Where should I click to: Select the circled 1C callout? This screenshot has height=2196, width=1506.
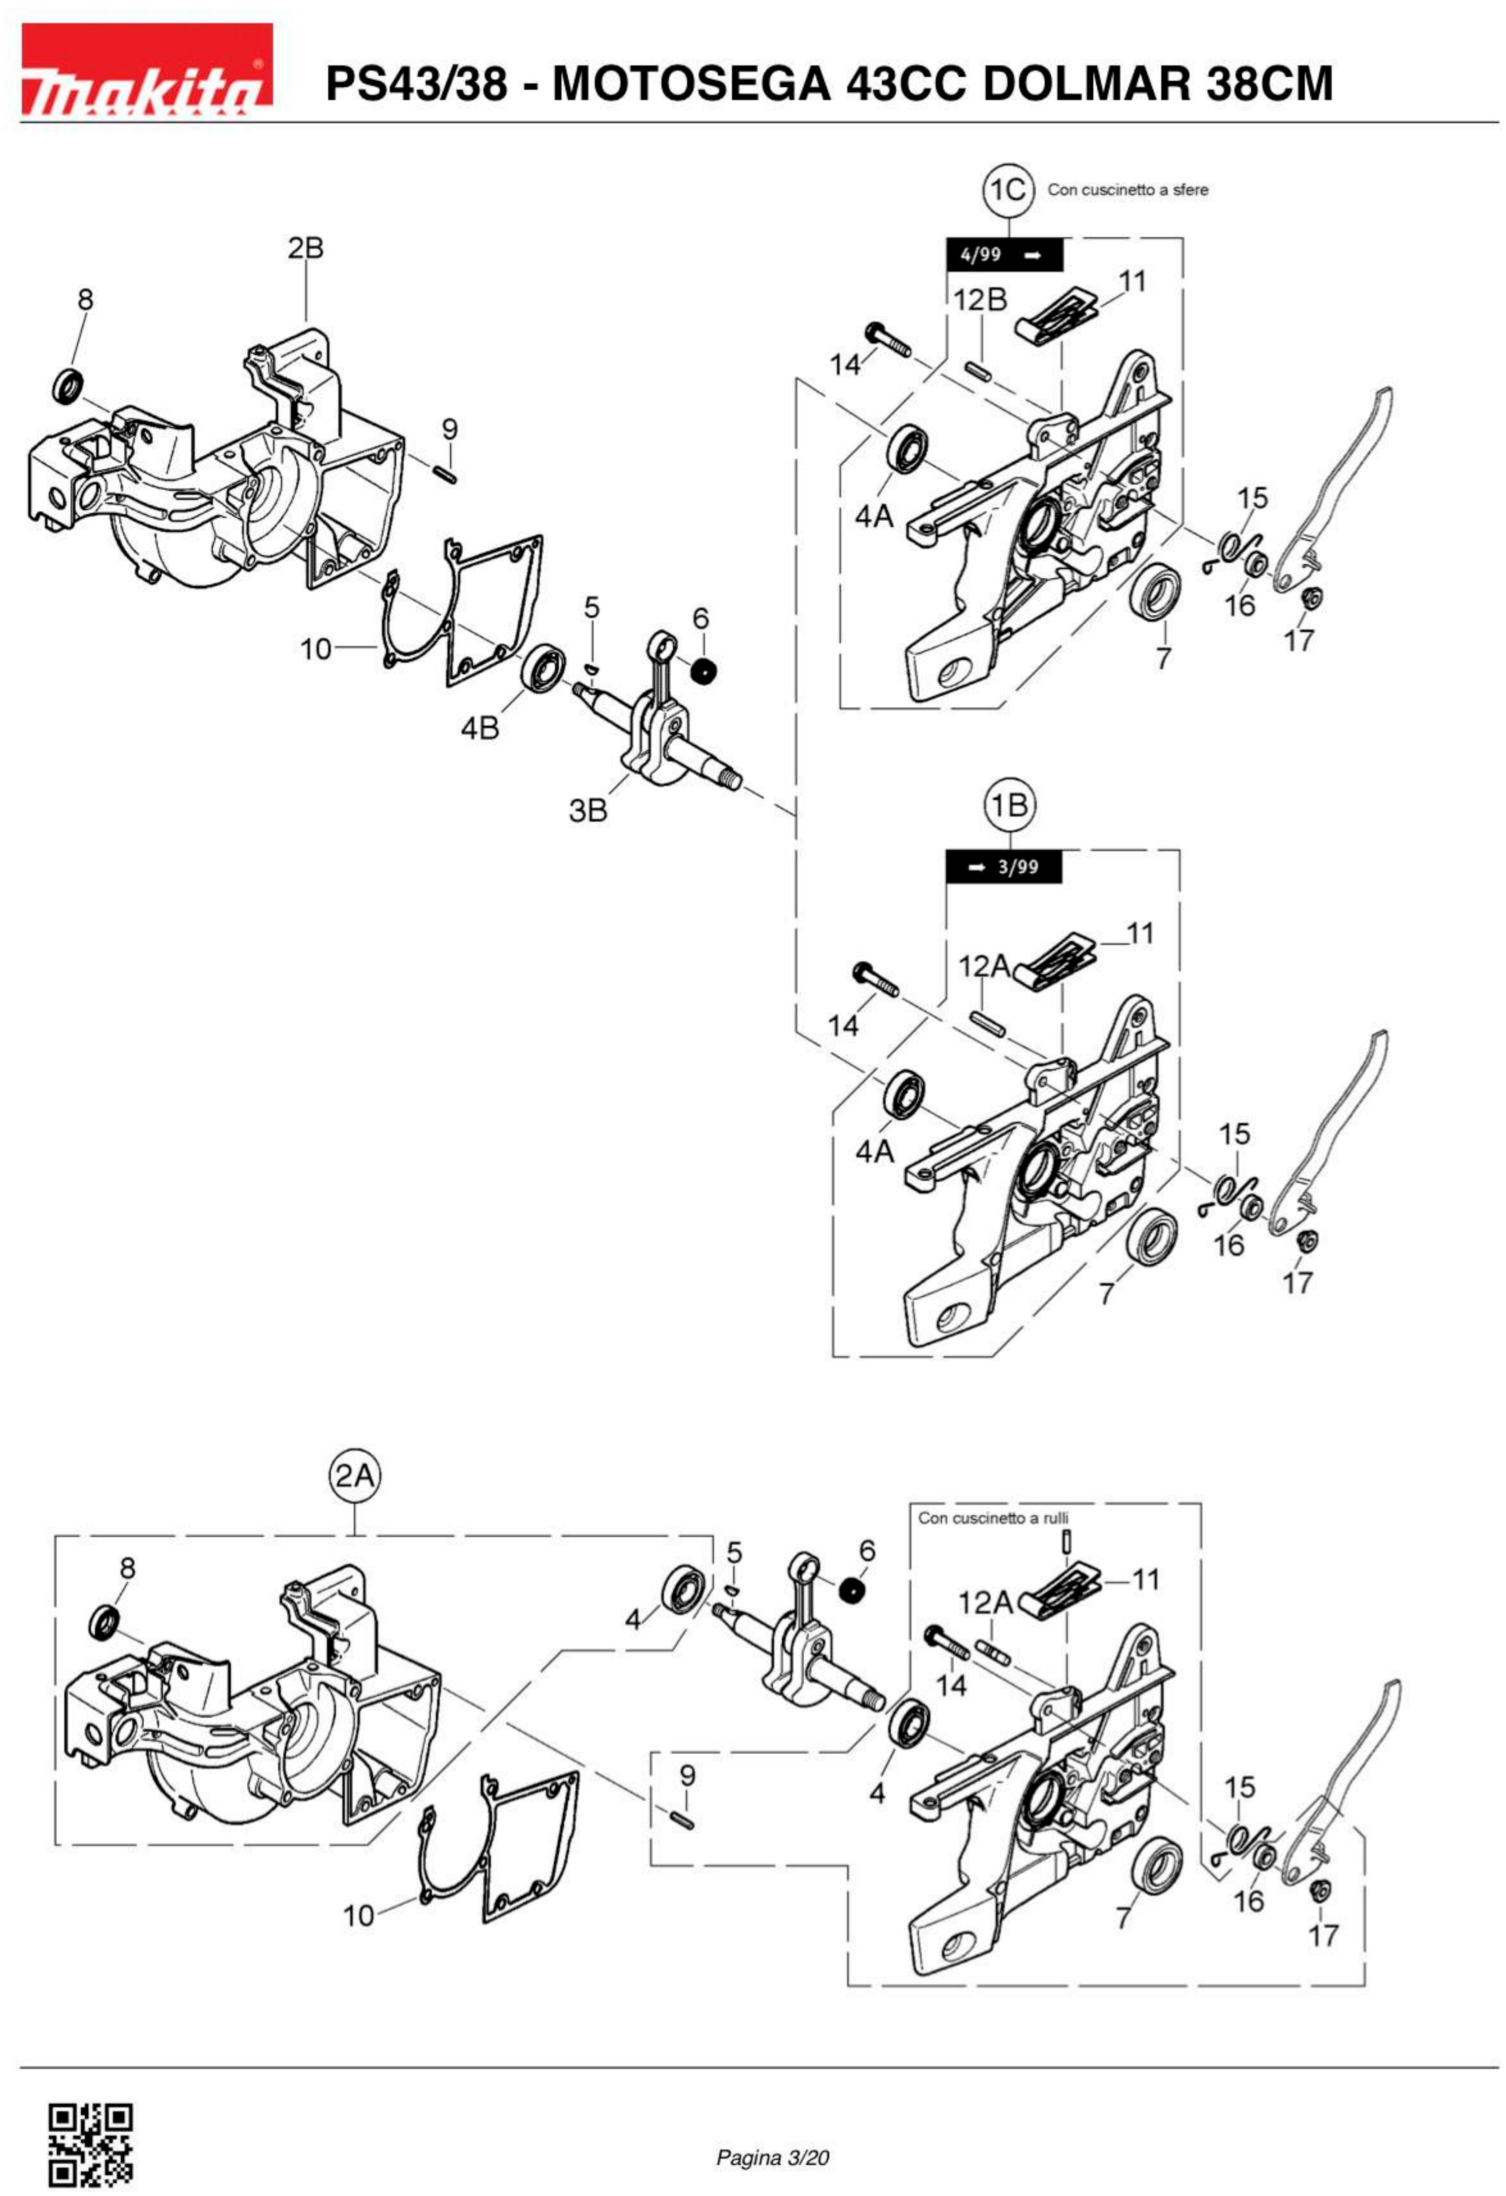click(1008, 190)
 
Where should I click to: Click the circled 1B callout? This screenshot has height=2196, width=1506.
click(1010, 805)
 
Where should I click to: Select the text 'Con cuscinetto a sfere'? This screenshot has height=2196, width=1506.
click(1127, 190)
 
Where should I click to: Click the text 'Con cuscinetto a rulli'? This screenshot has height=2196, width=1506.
click(993, 1519)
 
